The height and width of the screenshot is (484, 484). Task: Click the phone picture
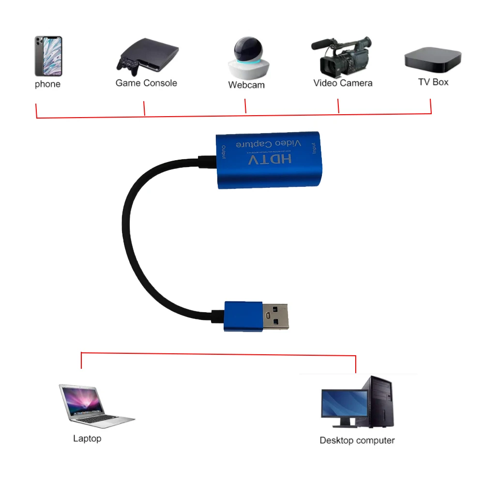48,56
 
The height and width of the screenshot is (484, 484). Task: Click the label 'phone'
47,84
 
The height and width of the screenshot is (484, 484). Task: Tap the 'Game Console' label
146,83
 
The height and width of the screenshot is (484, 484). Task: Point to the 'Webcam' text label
246,85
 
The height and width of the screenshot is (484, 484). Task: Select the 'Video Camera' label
343,83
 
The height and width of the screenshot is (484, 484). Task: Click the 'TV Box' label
433,82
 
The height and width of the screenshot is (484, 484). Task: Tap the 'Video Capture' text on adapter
268,144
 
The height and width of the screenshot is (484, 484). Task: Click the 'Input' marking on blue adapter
314,148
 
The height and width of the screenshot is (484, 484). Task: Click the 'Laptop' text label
87,439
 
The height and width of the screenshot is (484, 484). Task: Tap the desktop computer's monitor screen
344,405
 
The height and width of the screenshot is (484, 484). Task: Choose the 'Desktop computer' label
357,440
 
